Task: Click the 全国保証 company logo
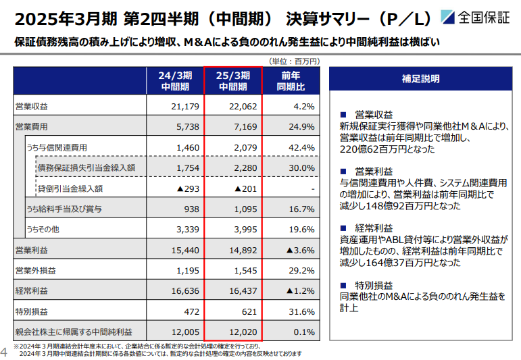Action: pos(476,18)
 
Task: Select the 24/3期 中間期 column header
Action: pos(175,81)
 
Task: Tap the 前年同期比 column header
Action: pos(291,81)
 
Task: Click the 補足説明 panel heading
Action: pos(421,79)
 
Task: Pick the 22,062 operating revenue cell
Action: pos(243,107)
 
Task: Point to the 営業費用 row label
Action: pos(32,127)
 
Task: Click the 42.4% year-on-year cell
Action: pos(301,147)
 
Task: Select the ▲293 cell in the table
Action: pos(188,188)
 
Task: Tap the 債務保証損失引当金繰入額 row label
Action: pos(86,168)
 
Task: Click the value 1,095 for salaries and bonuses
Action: pos(245,209)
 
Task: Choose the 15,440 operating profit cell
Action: pos(185,250)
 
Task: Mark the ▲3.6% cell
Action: pos(301,250)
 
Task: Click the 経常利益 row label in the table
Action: pos(32,291)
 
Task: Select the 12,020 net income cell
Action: pos(243,332)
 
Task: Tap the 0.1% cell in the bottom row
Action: pos(304,332)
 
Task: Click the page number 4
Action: pos(3,352)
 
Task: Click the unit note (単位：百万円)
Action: pos(294,61)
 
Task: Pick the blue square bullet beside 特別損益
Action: pos(343,285)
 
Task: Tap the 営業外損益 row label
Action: pos(36,271)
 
